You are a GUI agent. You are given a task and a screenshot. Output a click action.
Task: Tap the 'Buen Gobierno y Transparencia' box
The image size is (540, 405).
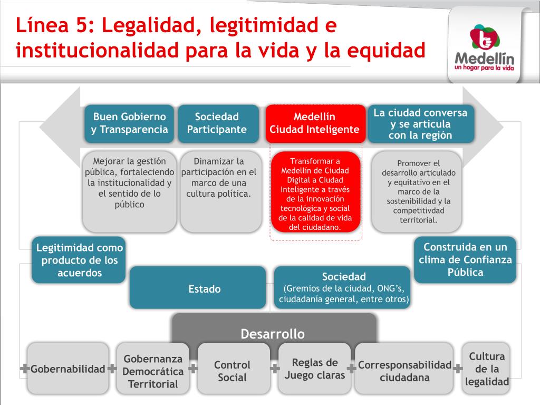click(129, 123)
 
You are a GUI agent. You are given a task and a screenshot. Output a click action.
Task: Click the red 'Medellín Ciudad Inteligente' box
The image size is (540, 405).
click(315, 123)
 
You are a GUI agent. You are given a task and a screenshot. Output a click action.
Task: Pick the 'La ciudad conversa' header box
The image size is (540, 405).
click(420, 123)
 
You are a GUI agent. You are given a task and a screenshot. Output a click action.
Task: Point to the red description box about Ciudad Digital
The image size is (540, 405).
click(315, 193)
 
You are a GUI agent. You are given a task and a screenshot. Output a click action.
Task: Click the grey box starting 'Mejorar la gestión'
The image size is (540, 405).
click(129, 192)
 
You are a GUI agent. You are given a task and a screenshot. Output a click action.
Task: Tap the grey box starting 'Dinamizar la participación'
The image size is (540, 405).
click(220, 192)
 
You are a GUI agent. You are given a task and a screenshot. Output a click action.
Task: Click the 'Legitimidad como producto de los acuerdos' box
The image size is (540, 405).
click(79, 260)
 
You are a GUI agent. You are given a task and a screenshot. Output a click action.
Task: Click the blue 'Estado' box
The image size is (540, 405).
click(197, 288)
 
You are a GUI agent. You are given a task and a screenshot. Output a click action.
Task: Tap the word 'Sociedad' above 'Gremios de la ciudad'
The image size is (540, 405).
click(344, 277)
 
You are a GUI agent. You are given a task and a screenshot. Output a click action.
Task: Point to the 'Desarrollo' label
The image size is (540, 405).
click(273, 334)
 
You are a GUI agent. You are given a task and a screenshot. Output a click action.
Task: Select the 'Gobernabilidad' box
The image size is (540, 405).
click(67, 369)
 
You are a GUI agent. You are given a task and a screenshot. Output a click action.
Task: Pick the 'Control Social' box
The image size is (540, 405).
click(232, 371)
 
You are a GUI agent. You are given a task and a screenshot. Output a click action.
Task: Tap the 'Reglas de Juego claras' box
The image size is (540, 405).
click(314, 369)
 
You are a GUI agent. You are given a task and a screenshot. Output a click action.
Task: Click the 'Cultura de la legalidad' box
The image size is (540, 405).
click(487, 369)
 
